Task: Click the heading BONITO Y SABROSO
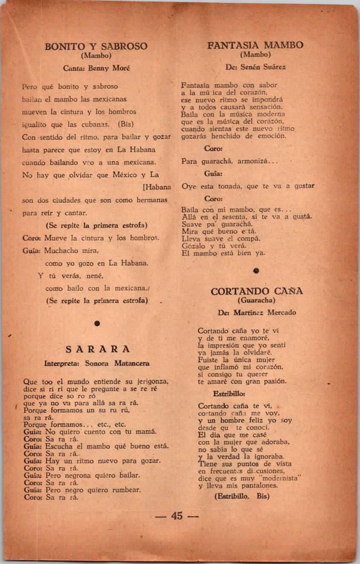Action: coord(96,46)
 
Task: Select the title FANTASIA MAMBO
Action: coord(256,45)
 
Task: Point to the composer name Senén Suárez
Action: coord(262,67)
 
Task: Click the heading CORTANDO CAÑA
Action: coord(257,291)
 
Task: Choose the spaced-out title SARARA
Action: coord(98,349)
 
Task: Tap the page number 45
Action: coord(177,516)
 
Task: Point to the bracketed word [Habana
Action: coord(157,187)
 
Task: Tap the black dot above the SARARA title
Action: coord(97,324)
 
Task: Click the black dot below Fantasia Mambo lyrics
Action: coord(256,270)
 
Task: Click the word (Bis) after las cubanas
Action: coord(126,125)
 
